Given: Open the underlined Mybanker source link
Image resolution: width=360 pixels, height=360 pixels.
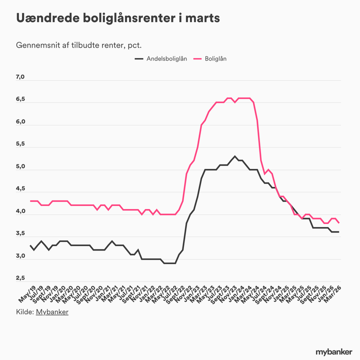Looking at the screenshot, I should (52, 312).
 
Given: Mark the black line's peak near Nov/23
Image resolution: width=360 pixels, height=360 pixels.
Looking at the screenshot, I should (235, 156).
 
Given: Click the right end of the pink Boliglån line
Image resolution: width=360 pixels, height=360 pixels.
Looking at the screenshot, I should (339, 222).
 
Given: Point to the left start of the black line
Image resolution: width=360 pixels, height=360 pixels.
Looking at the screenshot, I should (31, 245).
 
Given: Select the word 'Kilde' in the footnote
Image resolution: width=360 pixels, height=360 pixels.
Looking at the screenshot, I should (24, 312).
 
